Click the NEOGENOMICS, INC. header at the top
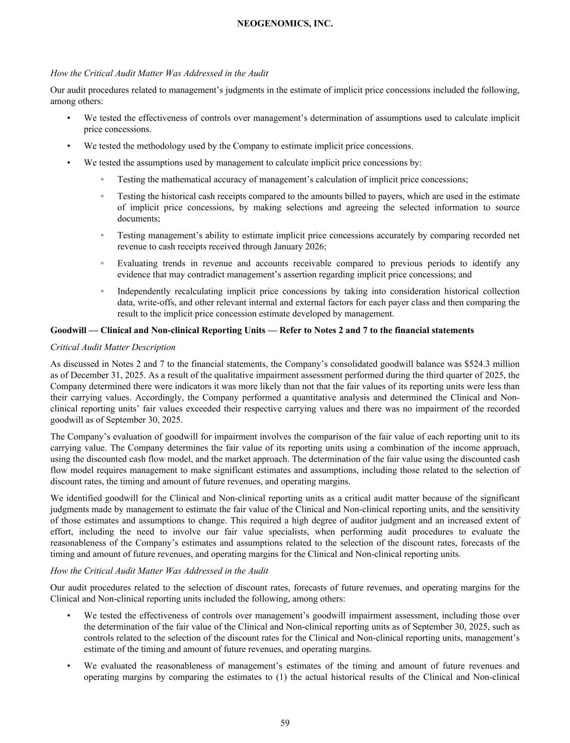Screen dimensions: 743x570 (285, 24)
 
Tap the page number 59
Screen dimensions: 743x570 (285, 723)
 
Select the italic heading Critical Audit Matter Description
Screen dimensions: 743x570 (113, 347)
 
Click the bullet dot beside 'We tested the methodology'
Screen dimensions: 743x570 (69, 146)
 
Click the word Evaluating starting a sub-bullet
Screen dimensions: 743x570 (136, 263)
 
